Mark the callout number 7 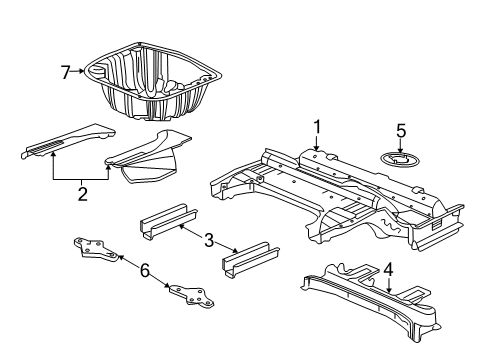66,71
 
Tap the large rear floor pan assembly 330,195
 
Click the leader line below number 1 316,143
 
